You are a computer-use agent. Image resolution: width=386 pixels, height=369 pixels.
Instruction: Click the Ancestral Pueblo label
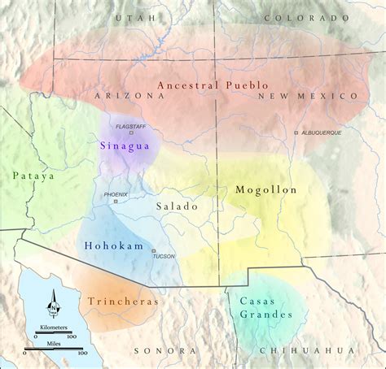tap(213, 85)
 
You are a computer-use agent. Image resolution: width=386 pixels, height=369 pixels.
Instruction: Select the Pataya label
tap(32, 174)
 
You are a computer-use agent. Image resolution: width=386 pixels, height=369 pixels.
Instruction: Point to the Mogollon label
tap(265, 189)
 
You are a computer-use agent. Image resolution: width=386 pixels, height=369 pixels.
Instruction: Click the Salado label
tap(178, 206)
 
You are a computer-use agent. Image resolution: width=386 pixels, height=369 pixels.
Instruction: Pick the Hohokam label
tap(112, 245)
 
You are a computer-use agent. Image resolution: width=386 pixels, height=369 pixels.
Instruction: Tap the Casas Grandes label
tap(262, 306)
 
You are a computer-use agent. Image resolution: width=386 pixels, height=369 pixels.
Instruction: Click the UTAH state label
tap(130, 17)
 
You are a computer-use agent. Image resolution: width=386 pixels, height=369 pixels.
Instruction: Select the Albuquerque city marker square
tap(296, 132)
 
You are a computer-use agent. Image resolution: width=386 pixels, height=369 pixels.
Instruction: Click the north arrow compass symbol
tap(55, 304)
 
